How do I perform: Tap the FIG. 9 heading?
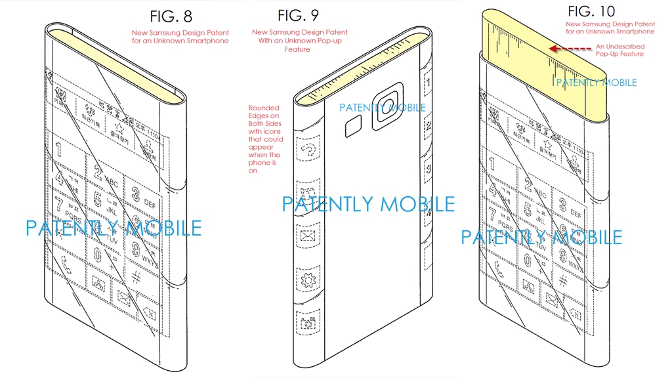tap(299, 15)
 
